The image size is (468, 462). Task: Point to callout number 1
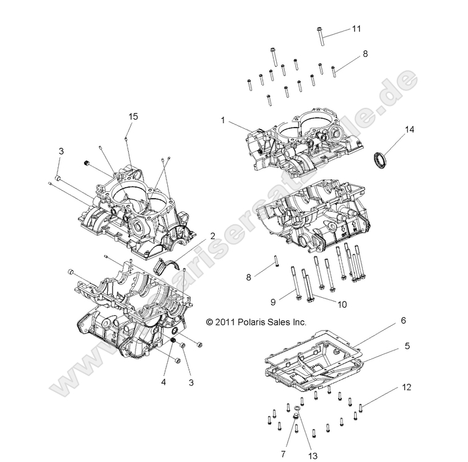222,120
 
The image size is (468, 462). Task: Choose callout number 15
133,116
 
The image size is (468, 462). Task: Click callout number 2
212,235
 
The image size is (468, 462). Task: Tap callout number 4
163,382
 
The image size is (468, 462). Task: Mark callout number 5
407,346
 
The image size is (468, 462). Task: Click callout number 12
406,388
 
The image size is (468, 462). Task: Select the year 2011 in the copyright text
227,322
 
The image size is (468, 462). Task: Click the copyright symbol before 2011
209,322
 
